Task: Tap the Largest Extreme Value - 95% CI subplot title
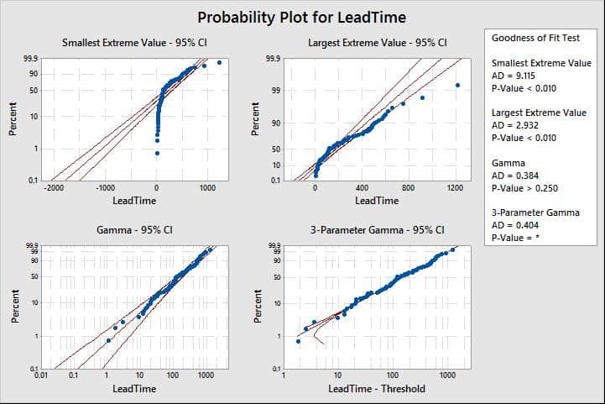[x=377, y=43]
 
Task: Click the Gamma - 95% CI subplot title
[x=135, y=229]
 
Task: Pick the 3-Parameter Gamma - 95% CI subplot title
[x=378, y=229]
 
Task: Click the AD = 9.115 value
[x=514, y=76]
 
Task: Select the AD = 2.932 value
[x=514, y=125]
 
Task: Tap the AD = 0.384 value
[x=514, y=175]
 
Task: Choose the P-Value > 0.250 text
[x=527, y=187]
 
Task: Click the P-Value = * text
[x=519, y=237]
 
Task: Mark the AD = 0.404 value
[x=514, y=224]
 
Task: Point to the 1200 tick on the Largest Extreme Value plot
[x=455, y=189]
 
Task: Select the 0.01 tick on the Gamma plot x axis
[x=40, y=376]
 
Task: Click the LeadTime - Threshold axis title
[x=377, y=388]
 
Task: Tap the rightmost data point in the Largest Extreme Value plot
[x=457, y=85]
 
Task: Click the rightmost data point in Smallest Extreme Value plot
[x=219, y=62]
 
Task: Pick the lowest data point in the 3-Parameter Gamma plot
[x=298, y=341]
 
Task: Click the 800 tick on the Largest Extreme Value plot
[x=409, y=189]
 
